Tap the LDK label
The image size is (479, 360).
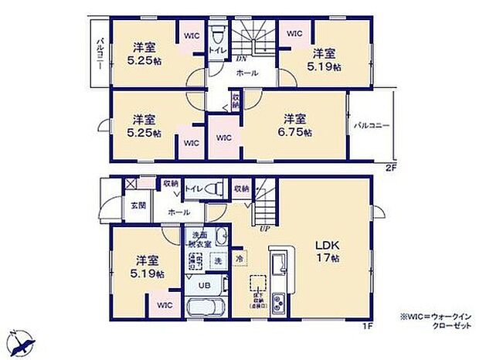point(324,246)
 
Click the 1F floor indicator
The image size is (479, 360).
point(368,325)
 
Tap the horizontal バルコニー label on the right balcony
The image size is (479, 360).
point(372,124)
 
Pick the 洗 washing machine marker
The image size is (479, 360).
point(217,260)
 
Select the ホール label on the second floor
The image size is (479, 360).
point(246,73)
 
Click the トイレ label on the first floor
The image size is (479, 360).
point(192,188)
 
